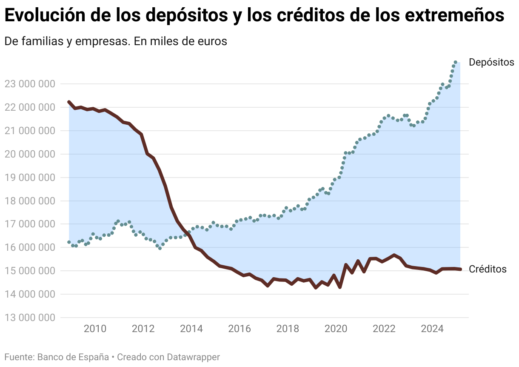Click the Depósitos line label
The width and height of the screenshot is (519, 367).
(491, 62)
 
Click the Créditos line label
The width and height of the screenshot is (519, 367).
(488, 269)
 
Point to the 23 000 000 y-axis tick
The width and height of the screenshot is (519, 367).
(30, 84)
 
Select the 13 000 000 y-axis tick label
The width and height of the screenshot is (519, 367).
(30, 318)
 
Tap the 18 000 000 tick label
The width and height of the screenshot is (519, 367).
(30, 201)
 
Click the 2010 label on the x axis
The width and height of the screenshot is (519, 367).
(94, 329)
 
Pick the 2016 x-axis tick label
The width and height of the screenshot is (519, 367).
(239, 329)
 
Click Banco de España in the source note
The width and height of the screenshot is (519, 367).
(73, 357)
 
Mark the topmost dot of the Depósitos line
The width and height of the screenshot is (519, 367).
(455, 62)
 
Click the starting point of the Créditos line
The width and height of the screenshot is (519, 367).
(69, 102)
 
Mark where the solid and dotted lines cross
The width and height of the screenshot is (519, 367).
(188, 232)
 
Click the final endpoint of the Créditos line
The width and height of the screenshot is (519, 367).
(460, 269)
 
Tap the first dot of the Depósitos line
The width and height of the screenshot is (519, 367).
(69, 242)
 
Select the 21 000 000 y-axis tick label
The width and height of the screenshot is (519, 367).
(30, 131)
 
